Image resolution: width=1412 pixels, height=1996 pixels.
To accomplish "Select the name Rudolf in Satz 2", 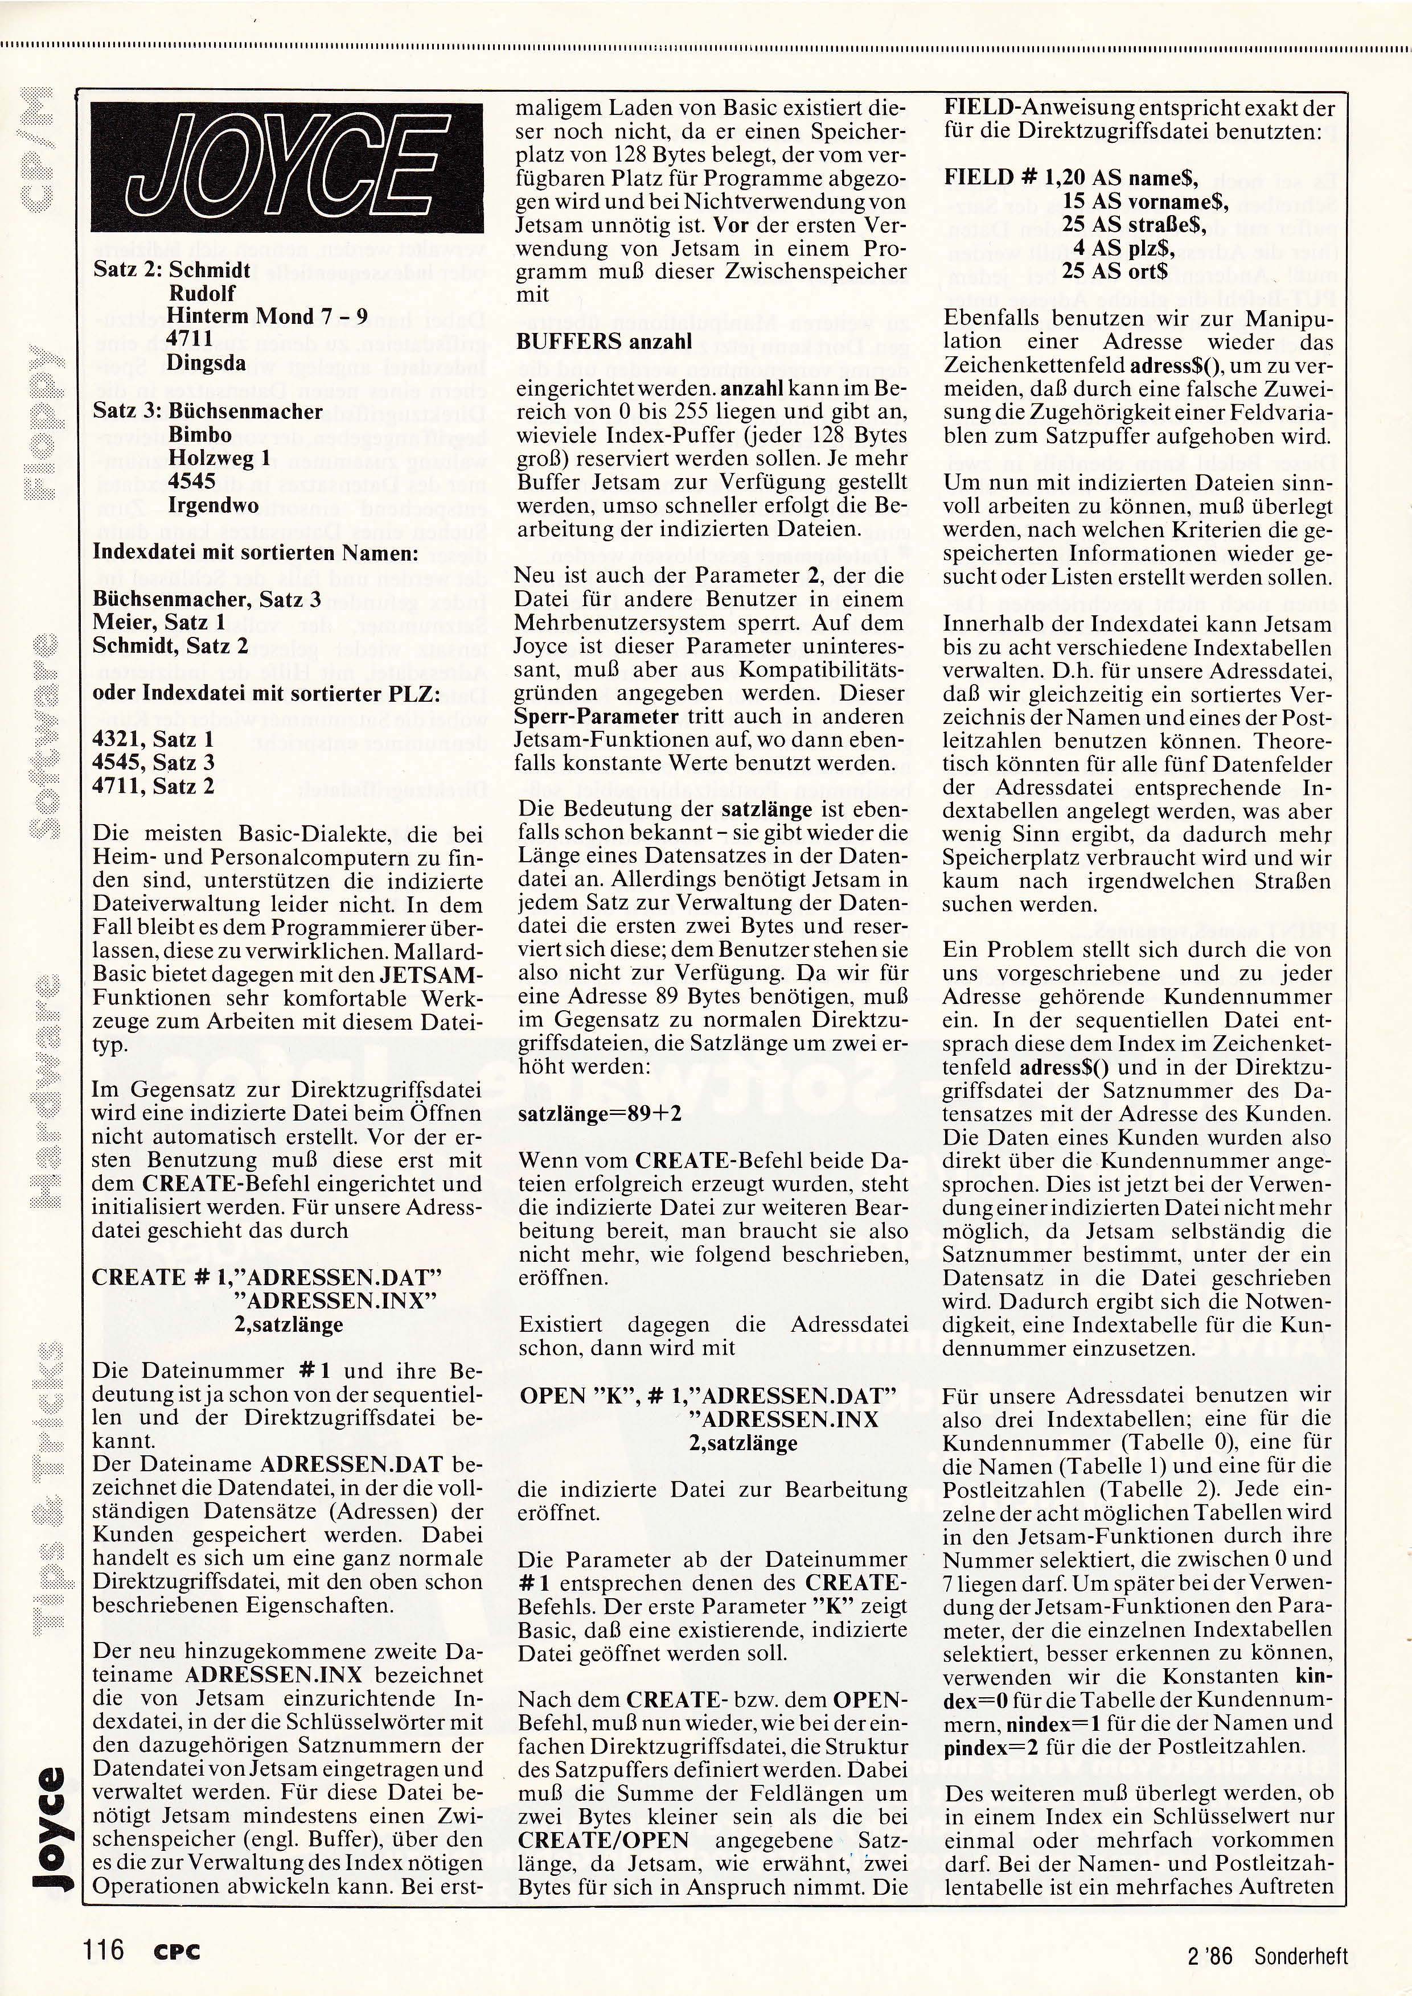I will (202, 293).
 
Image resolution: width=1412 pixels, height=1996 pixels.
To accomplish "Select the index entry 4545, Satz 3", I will (153, 763).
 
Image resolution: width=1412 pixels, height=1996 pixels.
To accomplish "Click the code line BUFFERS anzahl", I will (604, 341).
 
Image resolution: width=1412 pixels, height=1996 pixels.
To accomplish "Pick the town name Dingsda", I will (207, 363).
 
